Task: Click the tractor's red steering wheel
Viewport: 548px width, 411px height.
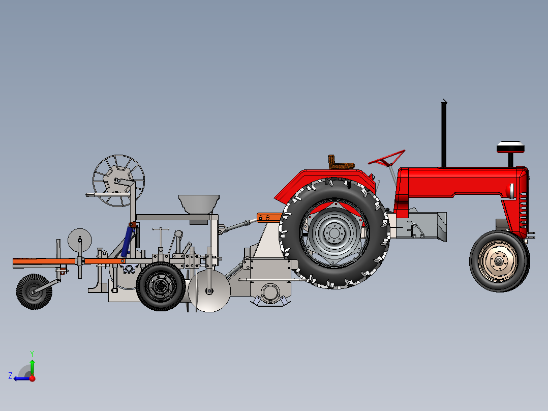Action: tap(387, 159)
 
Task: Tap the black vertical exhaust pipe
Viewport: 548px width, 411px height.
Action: tap(444, 134)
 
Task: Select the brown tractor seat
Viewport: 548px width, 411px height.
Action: tap(340, 163)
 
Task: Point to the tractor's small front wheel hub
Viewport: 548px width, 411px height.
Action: tap(498, 260)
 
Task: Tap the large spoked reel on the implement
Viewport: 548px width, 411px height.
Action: tap(118, 181)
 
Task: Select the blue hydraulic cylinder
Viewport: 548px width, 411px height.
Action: tap(127, 241)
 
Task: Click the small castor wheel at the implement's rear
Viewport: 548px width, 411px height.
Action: tap(34, 291)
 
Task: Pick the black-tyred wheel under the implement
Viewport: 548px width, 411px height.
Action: tap(161, 286)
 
